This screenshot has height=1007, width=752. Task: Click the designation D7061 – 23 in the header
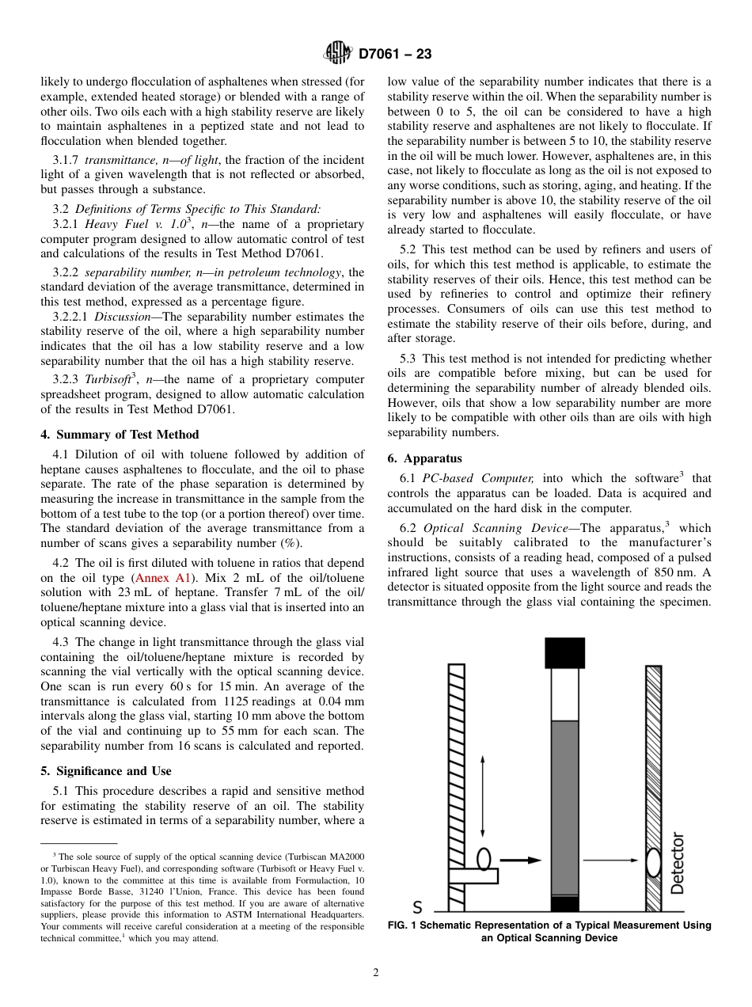(x=394, y=55)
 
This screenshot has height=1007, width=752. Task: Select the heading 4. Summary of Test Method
(x=120, y=435)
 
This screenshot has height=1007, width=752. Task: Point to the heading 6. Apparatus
(x=424, y=458)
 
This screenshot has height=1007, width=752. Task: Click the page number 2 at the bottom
(x=376, y=973)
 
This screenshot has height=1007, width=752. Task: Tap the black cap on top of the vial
(x=564, y=653)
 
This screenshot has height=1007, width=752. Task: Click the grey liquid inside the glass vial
(x=564, y=807)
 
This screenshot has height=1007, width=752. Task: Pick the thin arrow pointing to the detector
(x=610, y=860)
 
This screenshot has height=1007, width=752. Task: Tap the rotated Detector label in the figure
(x=678, y=863)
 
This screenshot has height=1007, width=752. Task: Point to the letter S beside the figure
(x=417, y=907)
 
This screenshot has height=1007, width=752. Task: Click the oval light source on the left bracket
(x=484, y=860)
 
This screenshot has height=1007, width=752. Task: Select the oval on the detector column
(x=654, y=862)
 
